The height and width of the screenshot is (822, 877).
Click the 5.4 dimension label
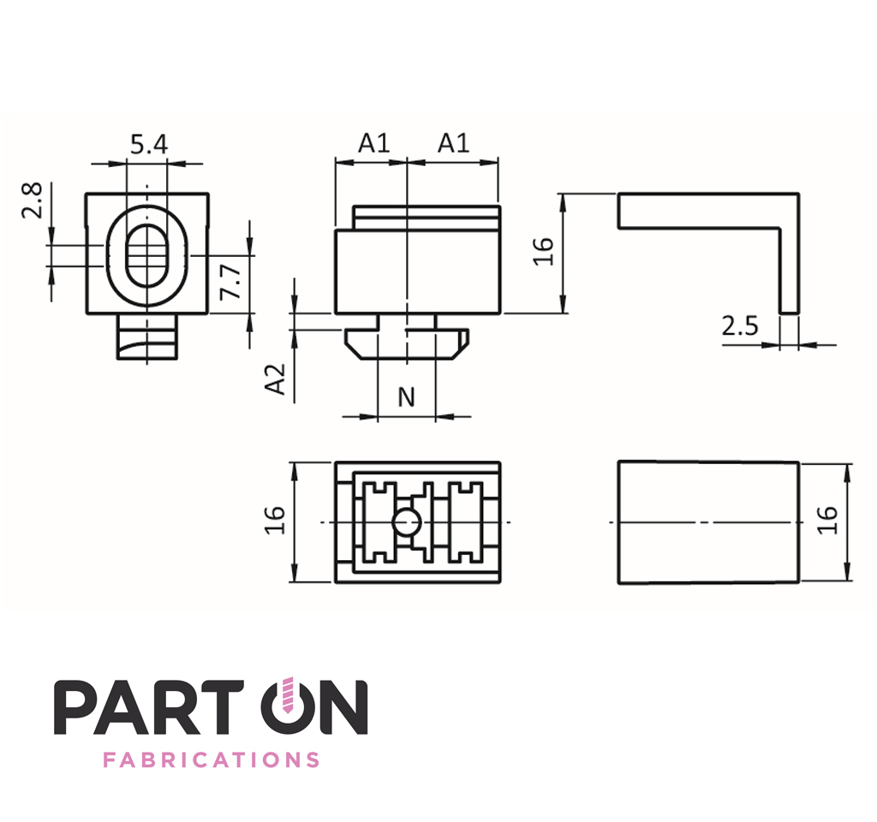pyautogui.click(x=149, y=144)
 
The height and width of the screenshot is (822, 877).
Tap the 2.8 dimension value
pyautogui.click(x=33, y=200)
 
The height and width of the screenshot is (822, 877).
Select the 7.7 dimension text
pyautogui.click(x=230, y=282)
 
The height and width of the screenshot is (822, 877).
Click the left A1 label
pyautogui.click(x=373, y=143)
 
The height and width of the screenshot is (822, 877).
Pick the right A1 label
pyautogui.click(x=453, y=143)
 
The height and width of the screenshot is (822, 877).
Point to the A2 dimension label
pyautogui.click(x=275, y=379)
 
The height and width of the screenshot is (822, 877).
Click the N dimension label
pyautogui.click(x=407, y=397)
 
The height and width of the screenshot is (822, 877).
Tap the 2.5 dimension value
pyautogui.click(x=739, y=326)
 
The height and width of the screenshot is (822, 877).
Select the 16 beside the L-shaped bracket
pyautogui.click(x=543, y=251)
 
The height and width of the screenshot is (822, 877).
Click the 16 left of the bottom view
pyautogui.click(x=275, y=520)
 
